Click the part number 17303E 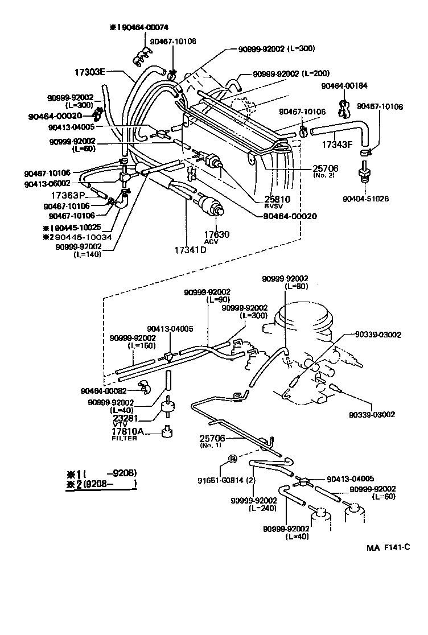pos(90,72)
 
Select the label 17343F pos(338,144)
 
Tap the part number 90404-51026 pos(367,199)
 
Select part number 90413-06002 pos(47,183)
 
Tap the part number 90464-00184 pos(344,85)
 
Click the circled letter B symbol pos(232,459)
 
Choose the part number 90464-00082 pos(104,391)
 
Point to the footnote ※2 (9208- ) pos(102,485)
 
